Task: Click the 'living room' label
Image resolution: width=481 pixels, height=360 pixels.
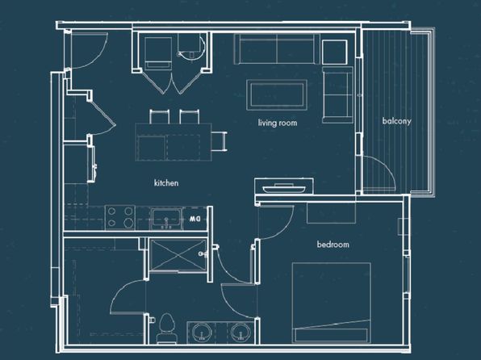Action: (x=278, y=123)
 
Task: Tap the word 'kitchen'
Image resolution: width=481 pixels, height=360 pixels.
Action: (x=166, y=183)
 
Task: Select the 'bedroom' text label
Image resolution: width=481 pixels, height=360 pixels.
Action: (x=333, y=245)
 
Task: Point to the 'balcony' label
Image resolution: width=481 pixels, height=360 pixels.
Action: (x=396, y=121)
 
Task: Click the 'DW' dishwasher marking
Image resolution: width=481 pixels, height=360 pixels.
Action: (x=195, y=219)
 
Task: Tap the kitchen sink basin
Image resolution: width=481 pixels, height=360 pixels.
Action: (x=166, y=218)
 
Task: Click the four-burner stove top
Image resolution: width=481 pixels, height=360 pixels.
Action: (x=120, y=217)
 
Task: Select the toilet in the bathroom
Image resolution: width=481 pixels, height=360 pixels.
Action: (x=166, y=329)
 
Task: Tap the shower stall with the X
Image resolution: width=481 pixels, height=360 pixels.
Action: (x=178, y=255)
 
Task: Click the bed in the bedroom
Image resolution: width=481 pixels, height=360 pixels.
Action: (x=331, y=303)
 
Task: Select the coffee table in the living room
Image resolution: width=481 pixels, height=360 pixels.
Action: (x=277, y=94)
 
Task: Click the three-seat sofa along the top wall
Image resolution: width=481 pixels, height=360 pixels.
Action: (x=277, y=49)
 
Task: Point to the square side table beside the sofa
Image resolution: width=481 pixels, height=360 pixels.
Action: (x=335, y=52)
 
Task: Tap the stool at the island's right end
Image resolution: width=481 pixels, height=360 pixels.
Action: (x=220, y=141)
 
